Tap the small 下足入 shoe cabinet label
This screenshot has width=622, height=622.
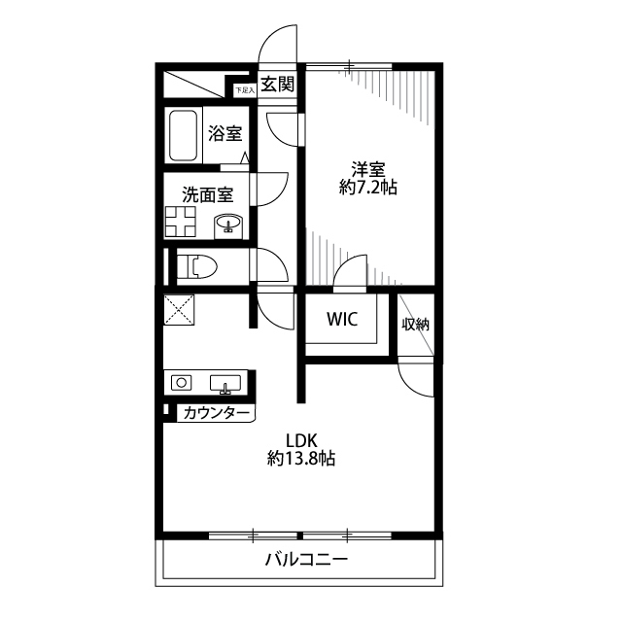(x=244, y=89)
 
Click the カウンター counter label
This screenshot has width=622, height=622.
(x=216, y=414)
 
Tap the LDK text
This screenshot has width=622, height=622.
(x=302, y=438)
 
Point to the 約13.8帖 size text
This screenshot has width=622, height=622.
(x=302, y=459)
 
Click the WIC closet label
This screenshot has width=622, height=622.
(x=341, y=319)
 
